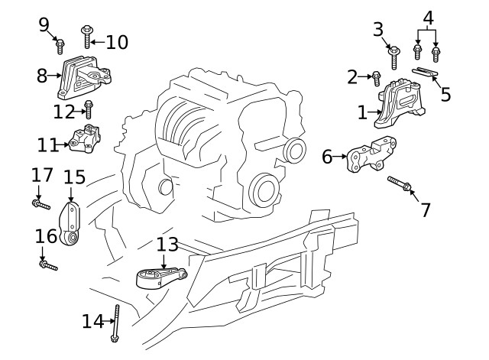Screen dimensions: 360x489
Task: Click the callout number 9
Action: [x=44, y=24]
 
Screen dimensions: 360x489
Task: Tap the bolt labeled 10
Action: [x=86, y=36]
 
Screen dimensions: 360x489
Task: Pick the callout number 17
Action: [x=42, y=175]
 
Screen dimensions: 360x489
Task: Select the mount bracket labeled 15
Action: [x=71, y=222]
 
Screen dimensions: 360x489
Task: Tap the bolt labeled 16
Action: [x=49, y=265]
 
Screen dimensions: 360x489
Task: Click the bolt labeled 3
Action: [x=394, y=56]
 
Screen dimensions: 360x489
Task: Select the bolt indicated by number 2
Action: [x=377, y=77]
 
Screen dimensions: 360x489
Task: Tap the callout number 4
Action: [x=428, y=17]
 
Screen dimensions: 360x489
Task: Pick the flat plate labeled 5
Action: [x=426, y=73]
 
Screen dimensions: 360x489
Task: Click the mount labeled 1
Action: [x=402, y=103]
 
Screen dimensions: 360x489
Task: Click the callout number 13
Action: [x=167, y=245]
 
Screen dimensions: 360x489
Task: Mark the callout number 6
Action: [x=327, y=157]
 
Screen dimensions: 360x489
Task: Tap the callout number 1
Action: [x=362, y=113]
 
